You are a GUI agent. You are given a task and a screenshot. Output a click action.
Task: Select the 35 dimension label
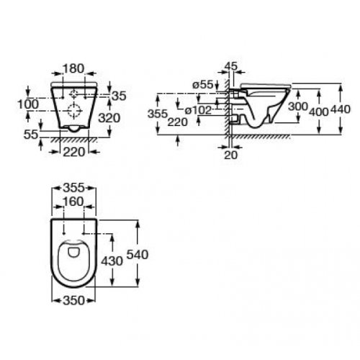pos(119,94)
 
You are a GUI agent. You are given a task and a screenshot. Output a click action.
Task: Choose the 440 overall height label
pos(339,110)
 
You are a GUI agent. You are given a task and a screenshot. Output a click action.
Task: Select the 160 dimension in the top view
pos(75,201)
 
